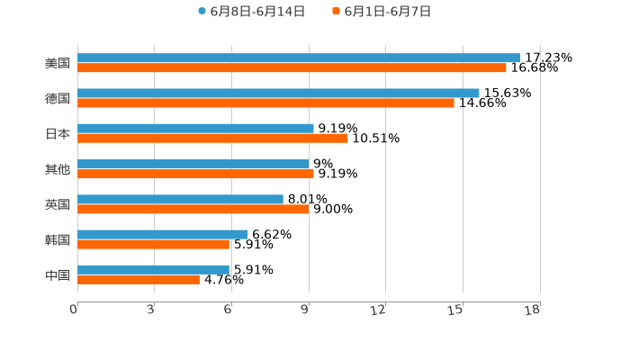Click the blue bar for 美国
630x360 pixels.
(x=299, y=58)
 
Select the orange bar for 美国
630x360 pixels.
(x=292, y=67)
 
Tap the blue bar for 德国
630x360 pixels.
(x=278, y=93)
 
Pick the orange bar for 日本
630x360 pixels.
(x=212, y=138)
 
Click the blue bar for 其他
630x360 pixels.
(x=193, y=164)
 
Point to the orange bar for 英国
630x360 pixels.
(x=193, y=209)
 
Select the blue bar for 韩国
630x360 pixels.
(x=163, y=234)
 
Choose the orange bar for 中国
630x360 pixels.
(x=139, y=279)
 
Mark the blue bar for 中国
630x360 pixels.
(x=153, y=269)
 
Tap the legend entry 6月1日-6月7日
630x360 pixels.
(x=387, y=12)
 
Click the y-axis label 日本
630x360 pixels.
(x=58, y=133)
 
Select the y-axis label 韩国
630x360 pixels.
(x=58, y=239)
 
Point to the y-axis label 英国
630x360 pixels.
(x=58, y=204)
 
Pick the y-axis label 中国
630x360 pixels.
(x=58, y=274)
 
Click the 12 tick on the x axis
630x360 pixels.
(x=379, y=310)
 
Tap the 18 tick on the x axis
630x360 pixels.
(x=533, y=310)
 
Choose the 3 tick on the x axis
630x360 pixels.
(x=150, y=310)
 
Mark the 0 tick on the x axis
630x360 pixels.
(x=74, y=310)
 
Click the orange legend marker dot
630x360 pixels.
(x=337, y=12)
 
